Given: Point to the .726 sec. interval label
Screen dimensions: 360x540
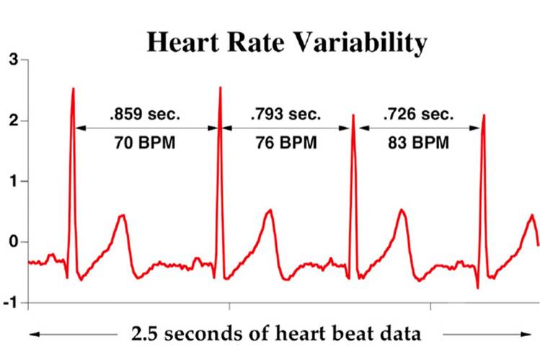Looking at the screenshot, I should [x=418, y=114].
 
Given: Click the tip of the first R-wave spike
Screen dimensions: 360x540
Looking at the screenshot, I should [x=73, y=89].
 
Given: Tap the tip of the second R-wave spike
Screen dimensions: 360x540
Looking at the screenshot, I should [x=220, y=87].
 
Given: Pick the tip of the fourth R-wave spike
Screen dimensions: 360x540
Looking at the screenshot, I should [x=483, y=115].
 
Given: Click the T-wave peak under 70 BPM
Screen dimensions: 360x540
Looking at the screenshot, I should [x=122, y=215].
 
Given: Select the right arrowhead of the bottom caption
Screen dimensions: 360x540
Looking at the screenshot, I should [x=524, y=334].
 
